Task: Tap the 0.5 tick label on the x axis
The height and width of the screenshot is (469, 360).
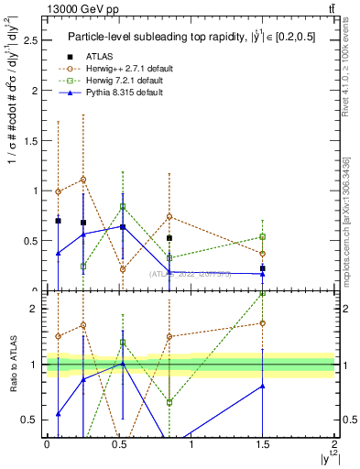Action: pyautogui.click(x=118, y=444)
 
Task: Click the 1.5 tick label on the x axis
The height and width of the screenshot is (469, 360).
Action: pyautogui.click(x=263, y=444)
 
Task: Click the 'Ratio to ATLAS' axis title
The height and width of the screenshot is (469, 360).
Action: pyautogui.click(x=12, y=365)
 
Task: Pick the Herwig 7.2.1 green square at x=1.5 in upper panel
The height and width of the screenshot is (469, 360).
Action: pyautogui.click(x=263, y=236)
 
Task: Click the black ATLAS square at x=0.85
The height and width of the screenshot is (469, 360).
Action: pyautogui.click(x=169, y=238)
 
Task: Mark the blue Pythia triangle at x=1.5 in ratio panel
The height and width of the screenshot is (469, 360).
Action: pyautogui.click(x=263, y=386)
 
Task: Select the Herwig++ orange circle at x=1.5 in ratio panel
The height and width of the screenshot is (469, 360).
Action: pyautogui.click(x=263, y=322)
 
